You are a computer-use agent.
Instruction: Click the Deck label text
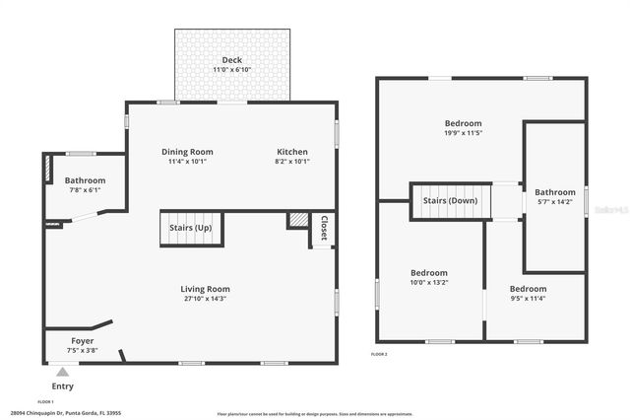[233, 60]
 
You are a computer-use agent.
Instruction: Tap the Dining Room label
[187, 152]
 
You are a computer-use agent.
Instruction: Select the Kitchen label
[291, 152]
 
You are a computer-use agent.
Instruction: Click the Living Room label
[205, 289]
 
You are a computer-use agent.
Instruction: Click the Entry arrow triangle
[62, 372]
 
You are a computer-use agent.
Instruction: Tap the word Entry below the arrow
[62, 386]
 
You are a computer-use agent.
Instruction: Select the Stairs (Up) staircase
[191, 229]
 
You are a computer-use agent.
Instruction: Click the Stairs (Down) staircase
[450, 201]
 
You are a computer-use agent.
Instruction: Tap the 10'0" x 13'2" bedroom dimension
[428, 282]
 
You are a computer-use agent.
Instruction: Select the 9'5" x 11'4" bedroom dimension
[528, 298]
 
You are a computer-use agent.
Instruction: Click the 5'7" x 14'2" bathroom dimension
[555, 202]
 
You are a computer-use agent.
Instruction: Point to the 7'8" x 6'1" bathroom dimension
[85, 190]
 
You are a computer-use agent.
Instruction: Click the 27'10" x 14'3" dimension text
[205, 299]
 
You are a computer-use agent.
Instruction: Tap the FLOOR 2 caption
[380, 354]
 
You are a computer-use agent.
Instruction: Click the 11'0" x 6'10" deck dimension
[233, 70]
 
